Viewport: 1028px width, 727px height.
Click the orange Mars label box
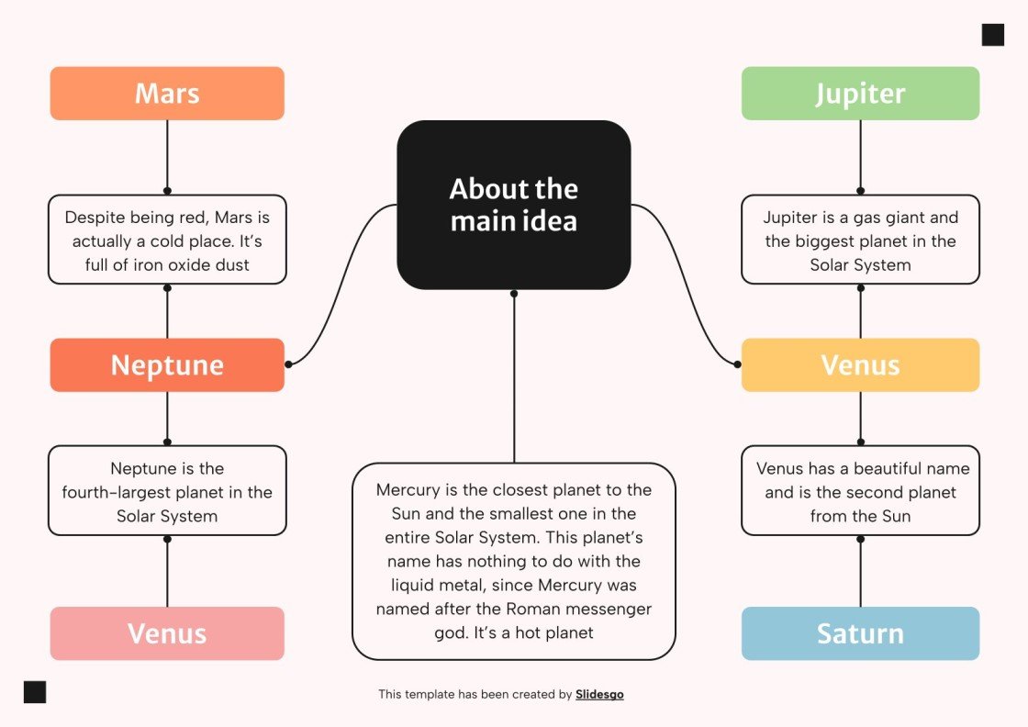coord(167,94)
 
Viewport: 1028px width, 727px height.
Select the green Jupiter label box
coord(860,94)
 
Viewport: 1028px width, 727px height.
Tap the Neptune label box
coord(167,365)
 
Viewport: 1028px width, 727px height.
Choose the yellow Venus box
coord(860,365)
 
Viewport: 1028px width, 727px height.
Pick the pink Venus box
coord(167,633)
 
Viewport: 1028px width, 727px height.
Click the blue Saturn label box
coord(860,633)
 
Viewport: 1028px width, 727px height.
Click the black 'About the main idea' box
coord(513,205)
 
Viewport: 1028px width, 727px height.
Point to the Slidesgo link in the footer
coord(599,695)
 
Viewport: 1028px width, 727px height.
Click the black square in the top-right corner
coord(992,35)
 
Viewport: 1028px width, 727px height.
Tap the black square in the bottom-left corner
coord(35,692)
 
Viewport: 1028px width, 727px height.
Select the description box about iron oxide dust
coord(167,240)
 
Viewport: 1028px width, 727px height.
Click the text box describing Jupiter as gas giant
coord(860,240)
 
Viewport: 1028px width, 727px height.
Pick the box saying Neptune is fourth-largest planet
coord(167,491)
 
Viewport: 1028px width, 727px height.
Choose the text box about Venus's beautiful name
coord(860,491)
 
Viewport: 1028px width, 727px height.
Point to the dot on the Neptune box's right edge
coord(288,364)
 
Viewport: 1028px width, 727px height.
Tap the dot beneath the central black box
coord(514,294)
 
